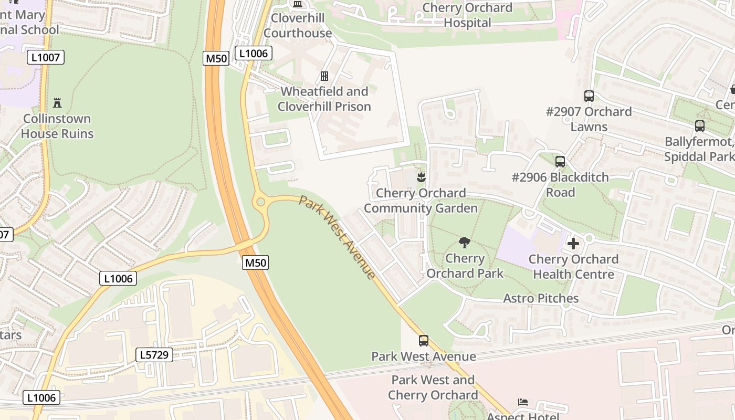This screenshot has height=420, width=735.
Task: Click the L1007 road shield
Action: click(x=46, y=57)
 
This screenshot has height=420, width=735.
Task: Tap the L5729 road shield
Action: click(x=154, y=355)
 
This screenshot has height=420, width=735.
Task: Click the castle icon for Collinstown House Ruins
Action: click(x=57, y=102)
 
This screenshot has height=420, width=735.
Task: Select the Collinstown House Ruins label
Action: click(x=57, y=126)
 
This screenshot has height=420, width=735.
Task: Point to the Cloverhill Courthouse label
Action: click(x=298, y=25)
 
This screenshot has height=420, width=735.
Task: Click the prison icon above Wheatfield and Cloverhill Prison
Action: click(x=324, y=76)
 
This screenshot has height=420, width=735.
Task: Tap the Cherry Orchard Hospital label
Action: click(x=467, y=15)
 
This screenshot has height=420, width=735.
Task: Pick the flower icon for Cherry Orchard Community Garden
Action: click(x=421, y=177)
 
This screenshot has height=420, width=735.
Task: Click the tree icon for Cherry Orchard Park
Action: click(x=464, y=243)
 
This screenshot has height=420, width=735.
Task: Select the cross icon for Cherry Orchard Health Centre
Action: click(x=573, y=244)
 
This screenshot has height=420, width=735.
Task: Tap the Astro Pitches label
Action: click(x=541, y=299)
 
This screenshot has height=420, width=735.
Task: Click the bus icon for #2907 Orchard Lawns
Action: click(x=589, y=96)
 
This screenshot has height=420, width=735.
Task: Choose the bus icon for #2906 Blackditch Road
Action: click(x=560, y=162)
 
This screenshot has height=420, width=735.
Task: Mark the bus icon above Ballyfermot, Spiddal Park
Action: click(x=700, y=126)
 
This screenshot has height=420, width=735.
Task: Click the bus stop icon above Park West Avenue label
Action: click(x=424, y=341)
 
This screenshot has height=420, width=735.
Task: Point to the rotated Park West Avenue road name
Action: click(x=338, y=237)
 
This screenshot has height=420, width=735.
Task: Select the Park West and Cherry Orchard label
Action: click(x=433, y=387)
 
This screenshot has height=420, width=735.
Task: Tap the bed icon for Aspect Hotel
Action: click(x=523, y=402)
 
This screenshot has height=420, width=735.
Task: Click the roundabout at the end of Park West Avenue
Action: click(x=260, y=201)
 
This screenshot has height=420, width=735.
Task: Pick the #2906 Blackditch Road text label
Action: click(x=560, y=185)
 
